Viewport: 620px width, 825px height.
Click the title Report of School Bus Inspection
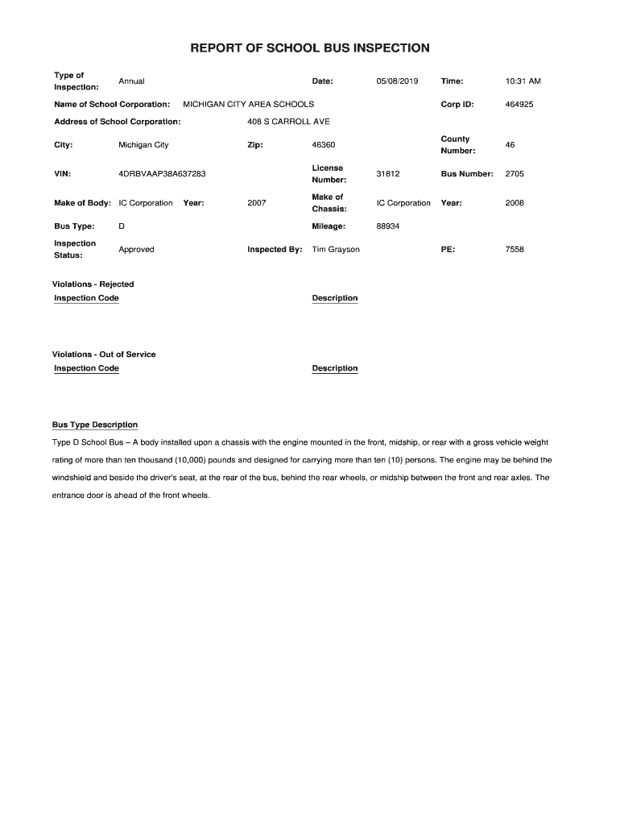[309, 48]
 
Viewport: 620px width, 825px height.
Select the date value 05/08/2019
[397, 81]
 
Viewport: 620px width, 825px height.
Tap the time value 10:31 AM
[523, 81]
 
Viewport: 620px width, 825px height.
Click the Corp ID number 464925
[519, 105]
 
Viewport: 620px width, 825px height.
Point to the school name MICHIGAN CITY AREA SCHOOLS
[249, 105]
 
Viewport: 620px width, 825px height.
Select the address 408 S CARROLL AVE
[289, 122]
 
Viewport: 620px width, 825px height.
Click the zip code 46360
[323, 145]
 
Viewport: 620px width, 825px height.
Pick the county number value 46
[510, 145]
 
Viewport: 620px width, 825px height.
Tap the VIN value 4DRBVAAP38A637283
[161, 174]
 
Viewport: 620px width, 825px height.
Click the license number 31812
[387, 174]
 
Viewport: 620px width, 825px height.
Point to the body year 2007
[257, 203]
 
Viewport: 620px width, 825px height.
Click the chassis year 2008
[514, 203]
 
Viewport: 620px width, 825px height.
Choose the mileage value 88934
[388, 226]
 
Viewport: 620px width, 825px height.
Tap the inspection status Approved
[136, 250]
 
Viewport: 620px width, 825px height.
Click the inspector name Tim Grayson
[336, 250]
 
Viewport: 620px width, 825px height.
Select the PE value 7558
[514, 250]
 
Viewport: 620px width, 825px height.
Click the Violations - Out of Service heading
[104, 354]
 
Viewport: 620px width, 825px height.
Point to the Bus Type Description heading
[95, 425]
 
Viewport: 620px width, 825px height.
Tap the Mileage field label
[329, 226]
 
